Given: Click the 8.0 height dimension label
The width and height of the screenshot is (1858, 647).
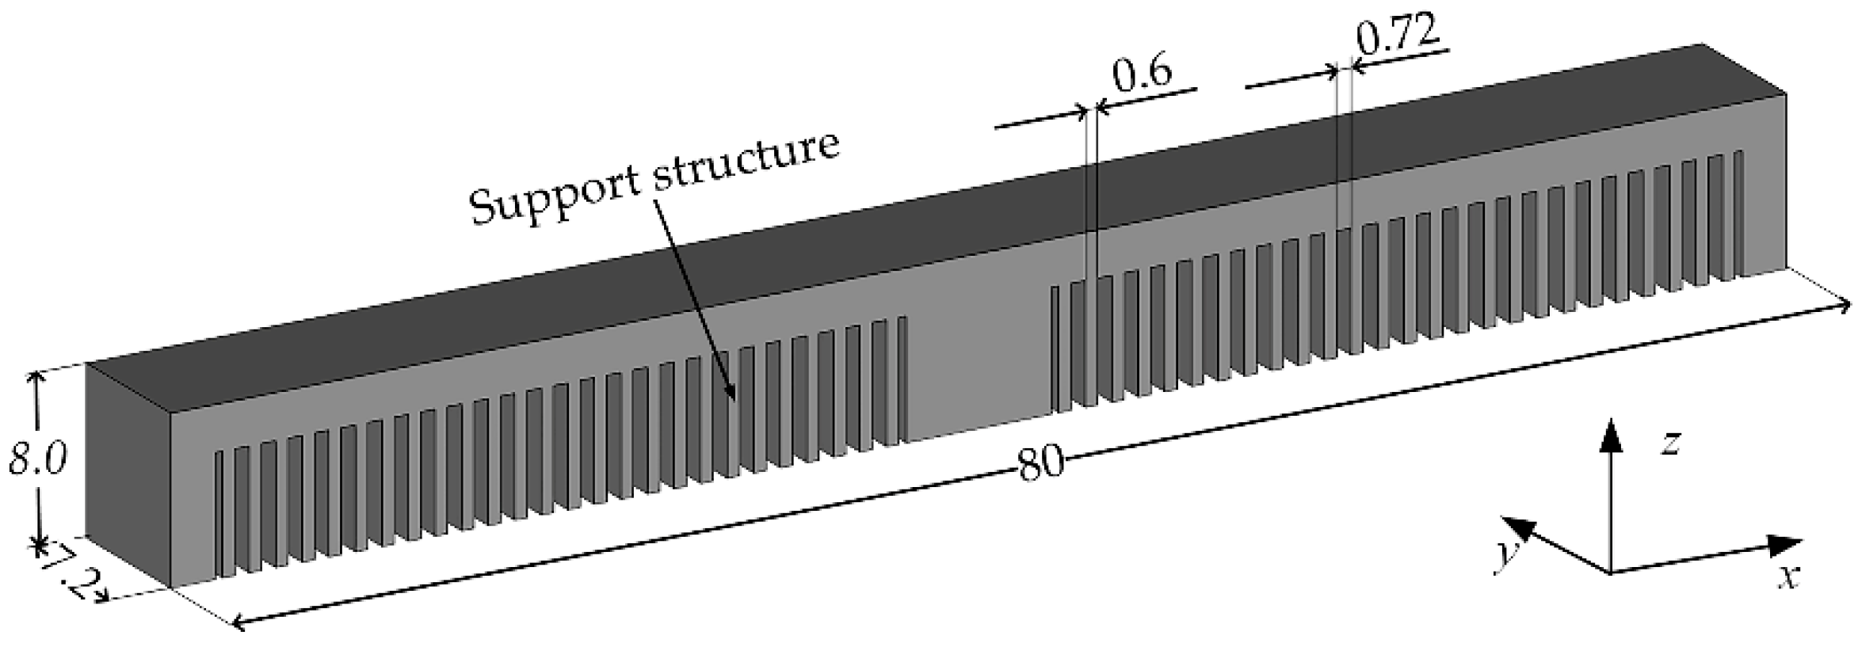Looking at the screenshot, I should pos(37,459).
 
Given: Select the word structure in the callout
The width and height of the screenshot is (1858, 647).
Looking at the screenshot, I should pos(744,162).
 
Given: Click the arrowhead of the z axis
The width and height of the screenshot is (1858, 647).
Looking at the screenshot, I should pos(1609,432).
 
